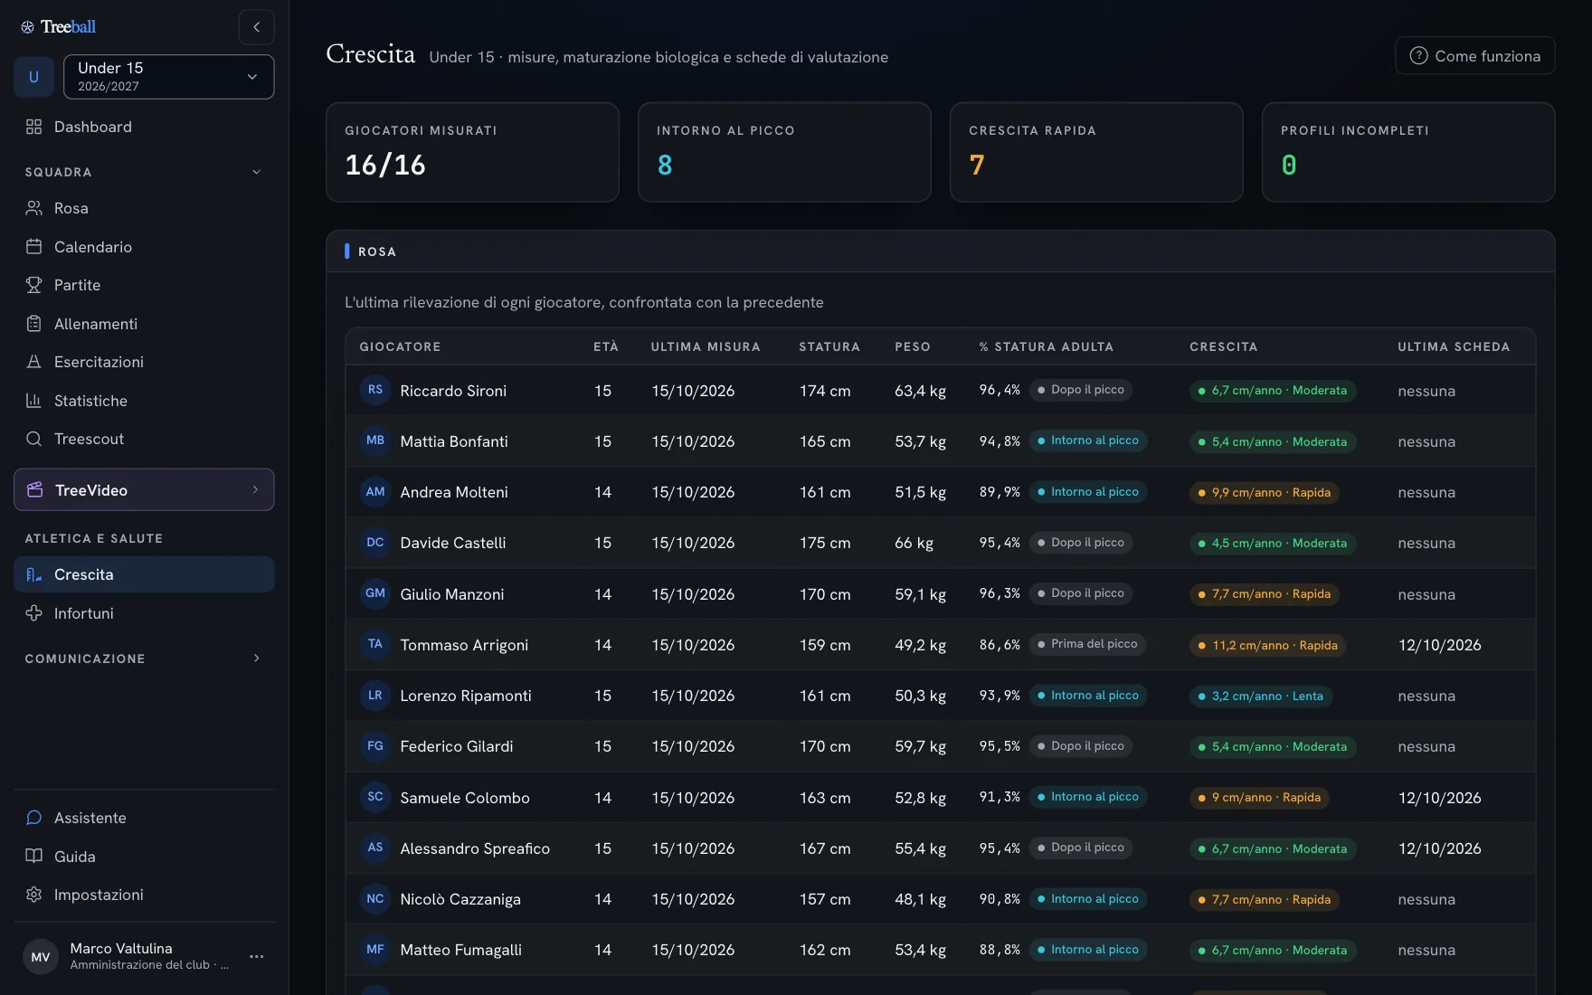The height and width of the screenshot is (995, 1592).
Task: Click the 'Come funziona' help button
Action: click(1474, 56)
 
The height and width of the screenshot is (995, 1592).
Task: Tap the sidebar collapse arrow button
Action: click(257, 27)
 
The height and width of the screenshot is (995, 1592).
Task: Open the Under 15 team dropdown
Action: click(168, 77)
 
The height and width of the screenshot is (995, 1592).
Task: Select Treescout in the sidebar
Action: click(89, 439)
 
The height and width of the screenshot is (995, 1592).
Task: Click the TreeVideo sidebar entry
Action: click(144, 489)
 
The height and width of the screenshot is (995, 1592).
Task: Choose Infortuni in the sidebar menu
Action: click(83, 613)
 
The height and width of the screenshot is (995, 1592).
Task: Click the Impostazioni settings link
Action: click(99, 895)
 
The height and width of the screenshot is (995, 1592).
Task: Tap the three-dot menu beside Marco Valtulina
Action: click(257, 956)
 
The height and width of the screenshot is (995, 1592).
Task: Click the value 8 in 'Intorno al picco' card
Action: click(665, 166)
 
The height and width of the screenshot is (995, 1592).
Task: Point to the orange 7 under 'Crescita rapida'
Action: click(977, 166)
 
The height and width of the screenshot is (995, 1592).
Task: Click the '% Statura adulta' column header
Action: click(1046, 346)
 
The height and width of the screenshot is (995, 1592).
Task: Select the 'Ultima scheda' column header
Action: click(1454, 346)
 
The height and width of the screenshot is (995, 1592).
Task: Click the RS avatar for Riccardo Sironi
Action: click(375, 390)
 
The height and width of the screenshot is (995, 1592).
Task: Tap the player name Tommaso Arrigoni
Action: click(464, 645)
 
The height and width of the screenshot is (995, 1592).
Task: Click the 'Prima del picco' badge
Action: click(1087, 644)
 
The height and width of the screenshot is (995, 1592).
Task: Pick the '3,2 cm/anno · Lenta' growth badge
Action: click(1261, 696)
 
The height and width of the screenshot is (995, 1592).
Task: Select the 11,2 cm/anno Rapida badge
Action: click(1268, 645)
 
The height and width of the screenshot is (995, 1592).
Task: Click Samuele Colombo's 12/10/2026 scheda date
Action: click(1439, 798)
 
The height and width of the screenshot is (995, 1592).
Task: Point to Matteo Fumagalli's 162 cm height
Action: click(825, 950)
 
